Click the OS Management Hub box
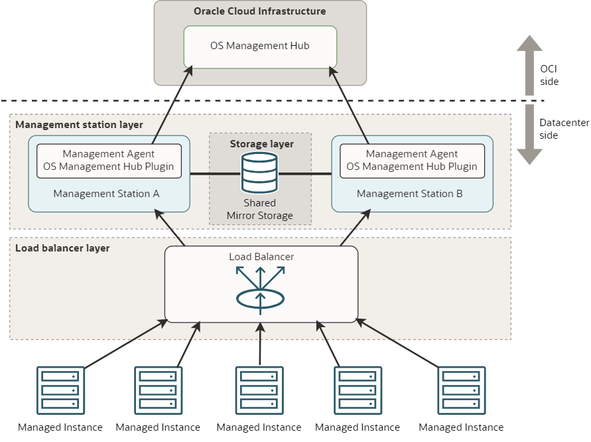[x=260, y=46]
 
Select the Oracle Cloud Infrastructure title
[x=260, y=11]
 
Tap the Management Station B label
[x=409, y=194]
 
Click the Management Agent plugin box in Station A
[x=109, y=161]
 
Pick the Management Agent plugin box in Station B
[x=412, y=161]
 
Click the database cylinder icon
[x=259, y=173]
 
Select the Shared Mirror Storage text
[x=259, y=209]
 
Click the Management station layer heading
[x=79, y=125]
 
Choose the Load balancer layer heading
[x=62, y=248]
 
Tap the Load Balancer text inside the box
[x=261, y=257]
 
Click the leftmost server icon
[x=60, y=390]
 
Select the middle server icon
[x=260, y=390]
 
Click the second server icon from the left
[x=159, y=390]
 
